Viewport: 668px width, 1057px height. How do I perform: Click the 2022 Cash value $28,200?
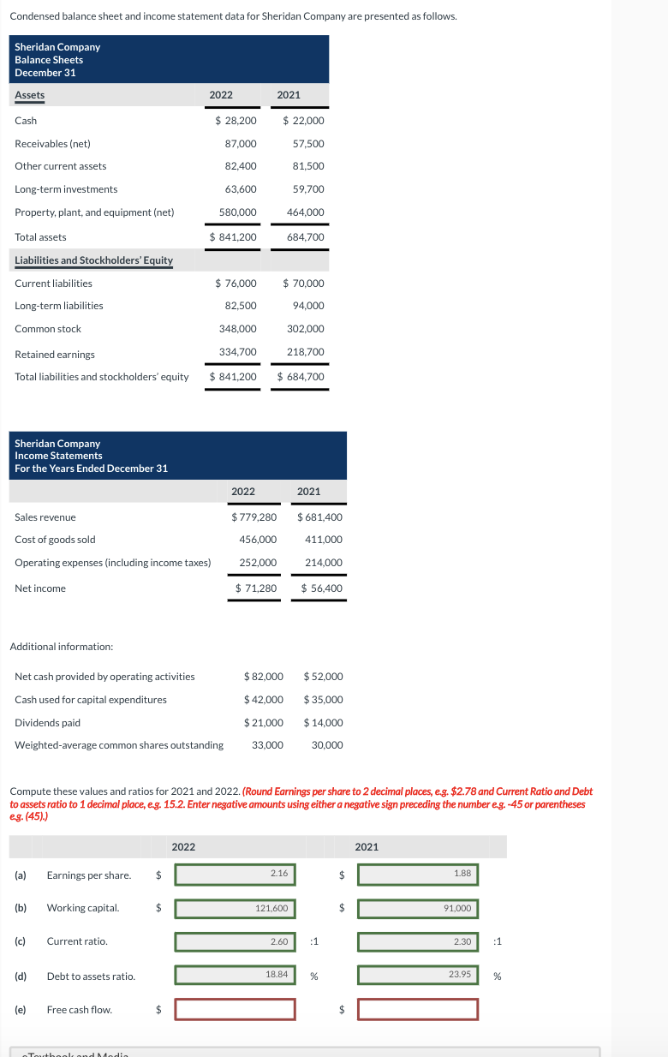coord(235,121)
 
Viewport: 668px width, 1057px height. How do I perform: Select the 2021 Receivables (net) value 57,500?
coord(308,144)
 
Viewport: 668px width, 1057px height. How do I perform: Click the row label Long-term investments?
coord(66,189)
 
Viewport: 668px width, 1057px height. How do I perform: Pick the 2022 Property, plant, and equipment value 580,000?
coord(238,212)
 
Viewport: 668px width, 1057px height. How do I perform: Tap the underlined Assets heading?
coord(30,95)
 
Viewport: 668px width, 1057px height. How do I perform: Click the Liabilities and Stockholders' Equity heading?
coord(93,260)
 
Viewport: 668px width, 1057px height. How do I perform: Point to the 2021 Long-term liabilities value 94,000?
coord(308,306)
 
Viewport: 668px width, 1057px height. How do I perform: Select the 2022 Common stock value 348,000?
coord(238,329)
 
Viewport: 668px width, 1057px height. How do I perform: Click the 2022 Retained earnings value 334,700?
coord(238,352)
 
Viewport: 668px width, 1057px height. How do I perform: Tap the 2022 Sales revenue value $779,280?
coord(254,517)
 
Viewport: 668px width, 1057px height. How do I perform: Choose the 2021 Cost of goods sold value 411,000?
coord(323,540)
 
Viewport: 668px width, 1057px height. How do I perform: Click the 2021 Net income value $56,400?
coord(321,588)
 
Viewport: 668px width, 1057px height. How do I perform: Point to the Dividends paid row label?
coord(48,723)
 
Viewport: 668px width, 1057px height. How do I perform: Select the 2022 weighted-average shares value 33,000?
coord(267,745)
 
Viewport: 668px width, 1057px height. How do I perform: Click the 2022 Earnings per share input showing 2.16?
coord(236,874)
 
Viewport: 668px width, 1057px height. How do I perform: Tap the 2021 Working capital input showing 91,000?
coord(418,908)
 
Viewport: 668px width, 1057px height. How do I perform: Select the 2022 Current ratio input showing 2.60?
coord(236,942)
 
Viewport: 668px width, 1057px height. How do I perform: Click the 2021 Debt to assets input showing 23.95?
coord(418,976)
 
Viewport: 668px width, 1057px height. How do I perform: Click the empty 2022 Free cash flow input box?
coord(236,1010)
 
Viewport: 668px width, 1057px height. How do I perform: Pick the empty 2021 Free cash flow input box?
coord(418,1010)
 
